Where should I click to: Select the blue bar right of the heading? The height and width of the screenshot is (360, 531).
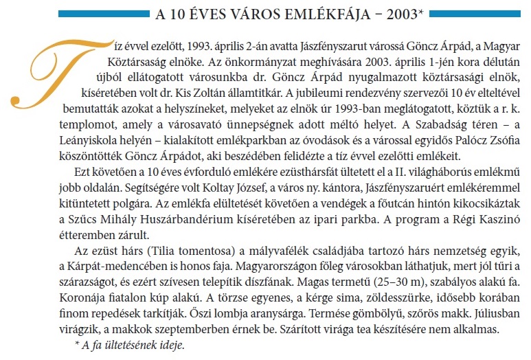[467, 14]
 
